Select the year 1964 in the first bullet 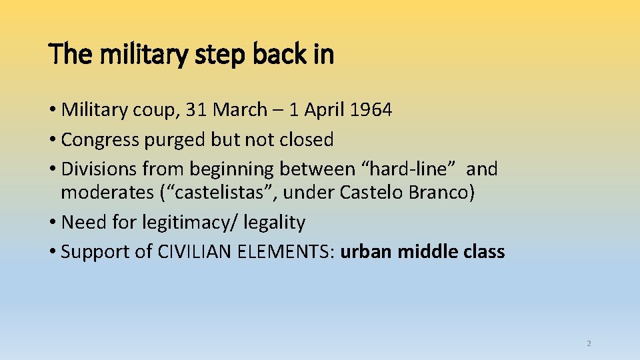(x=370, y=110)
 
